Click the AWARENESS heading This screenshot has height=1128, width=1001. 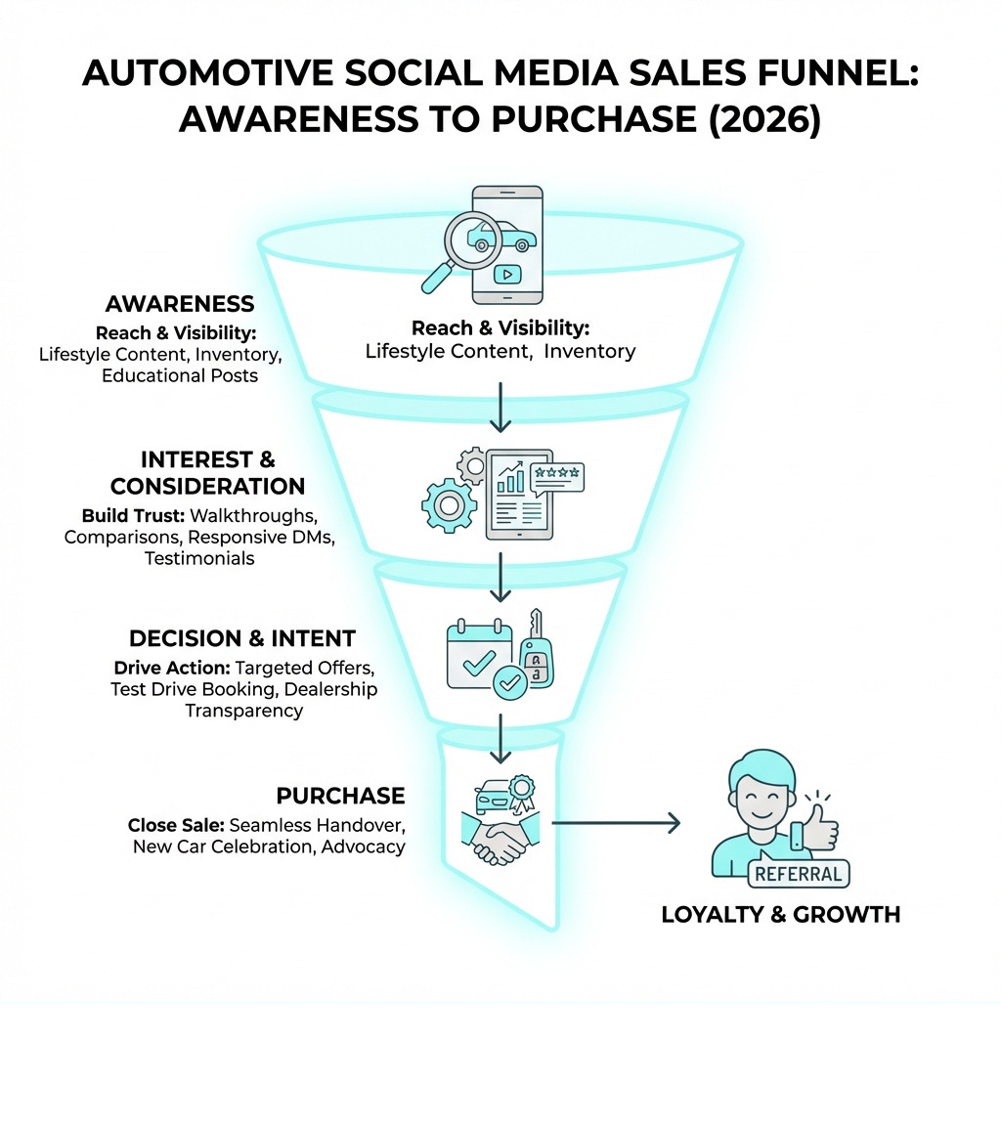[x=180, y=304]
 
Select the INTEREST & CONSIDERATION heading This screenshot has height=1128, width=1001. [x=207, y=472]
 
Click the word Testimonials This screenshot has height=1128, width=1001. [x=199, y=558]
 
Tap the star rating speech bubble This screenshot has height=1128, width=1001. [x=556, y=477]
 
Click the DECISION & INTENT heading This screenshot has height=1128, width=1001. [x=242, y=638]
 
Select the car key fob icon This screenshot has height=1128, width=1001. [x=536, y=652]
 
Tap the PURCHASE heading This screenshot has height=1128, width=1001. [x=340, y=795]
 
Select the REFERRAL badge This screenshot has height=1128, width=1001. [x=799, y=874]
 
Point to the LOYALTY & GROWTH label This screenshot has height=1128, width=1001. [x=780, y=915]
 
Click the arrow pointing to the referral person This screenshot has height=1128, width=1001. [x=616, y=823]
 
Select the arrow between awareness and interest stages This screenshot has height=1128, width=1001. [x=500, y=408]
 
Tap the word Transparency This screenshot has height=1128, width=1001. [x=244, y=711]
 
